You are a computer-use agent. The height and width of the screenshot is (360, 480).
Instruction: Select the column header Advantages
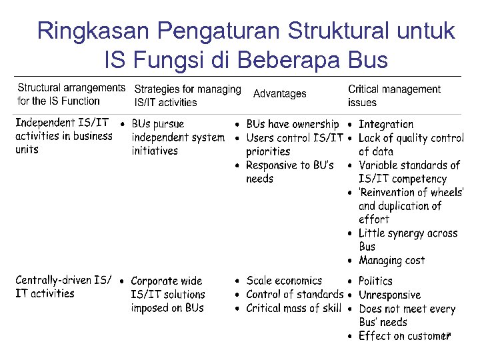coord(279,94)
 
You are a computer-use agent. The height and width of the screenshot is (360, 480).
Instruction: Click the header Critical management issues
coord(393,95)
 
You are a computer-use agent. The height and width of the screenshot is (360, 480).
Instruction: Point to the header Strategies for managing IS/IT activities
coord(187,95)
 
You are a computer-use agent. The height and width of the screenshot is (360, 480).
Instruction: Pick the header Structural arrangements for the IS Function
coord(71,94)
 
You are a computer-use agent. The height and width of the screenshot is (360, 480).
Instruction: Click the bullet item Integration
coord(385,124)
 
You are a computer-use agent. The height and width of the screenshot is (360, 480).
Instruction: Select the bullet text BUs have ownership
coord(292,124)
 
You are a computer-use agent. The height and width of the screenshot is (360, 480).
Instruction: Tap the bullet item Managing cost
coord(391,260)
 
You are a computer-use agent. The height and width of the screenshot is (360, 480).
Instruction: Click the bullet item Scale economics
coord(283,281)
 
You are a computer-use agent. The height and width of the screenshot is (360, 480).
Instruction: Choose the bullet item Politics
coord(375,281)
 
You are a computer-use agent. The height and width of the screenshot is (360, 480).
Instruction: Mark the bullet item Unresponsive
coord(389,295)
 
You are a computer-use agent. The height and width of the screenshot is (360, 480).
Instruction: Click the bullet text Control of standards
coord(295,294)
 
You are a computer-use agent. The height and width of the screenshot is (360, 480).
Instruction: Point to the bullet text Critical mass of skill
coord(293,308)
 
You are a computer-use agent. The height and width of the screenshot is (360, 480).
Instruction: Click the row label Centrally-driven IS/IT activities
coord(63,287)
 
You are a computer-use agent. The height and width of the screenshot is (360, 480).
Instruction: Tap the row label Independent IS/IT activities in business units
coord(63,136)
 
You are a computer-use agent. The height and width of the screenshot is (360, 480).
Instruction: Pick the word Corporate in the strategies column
coord(156,281)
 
